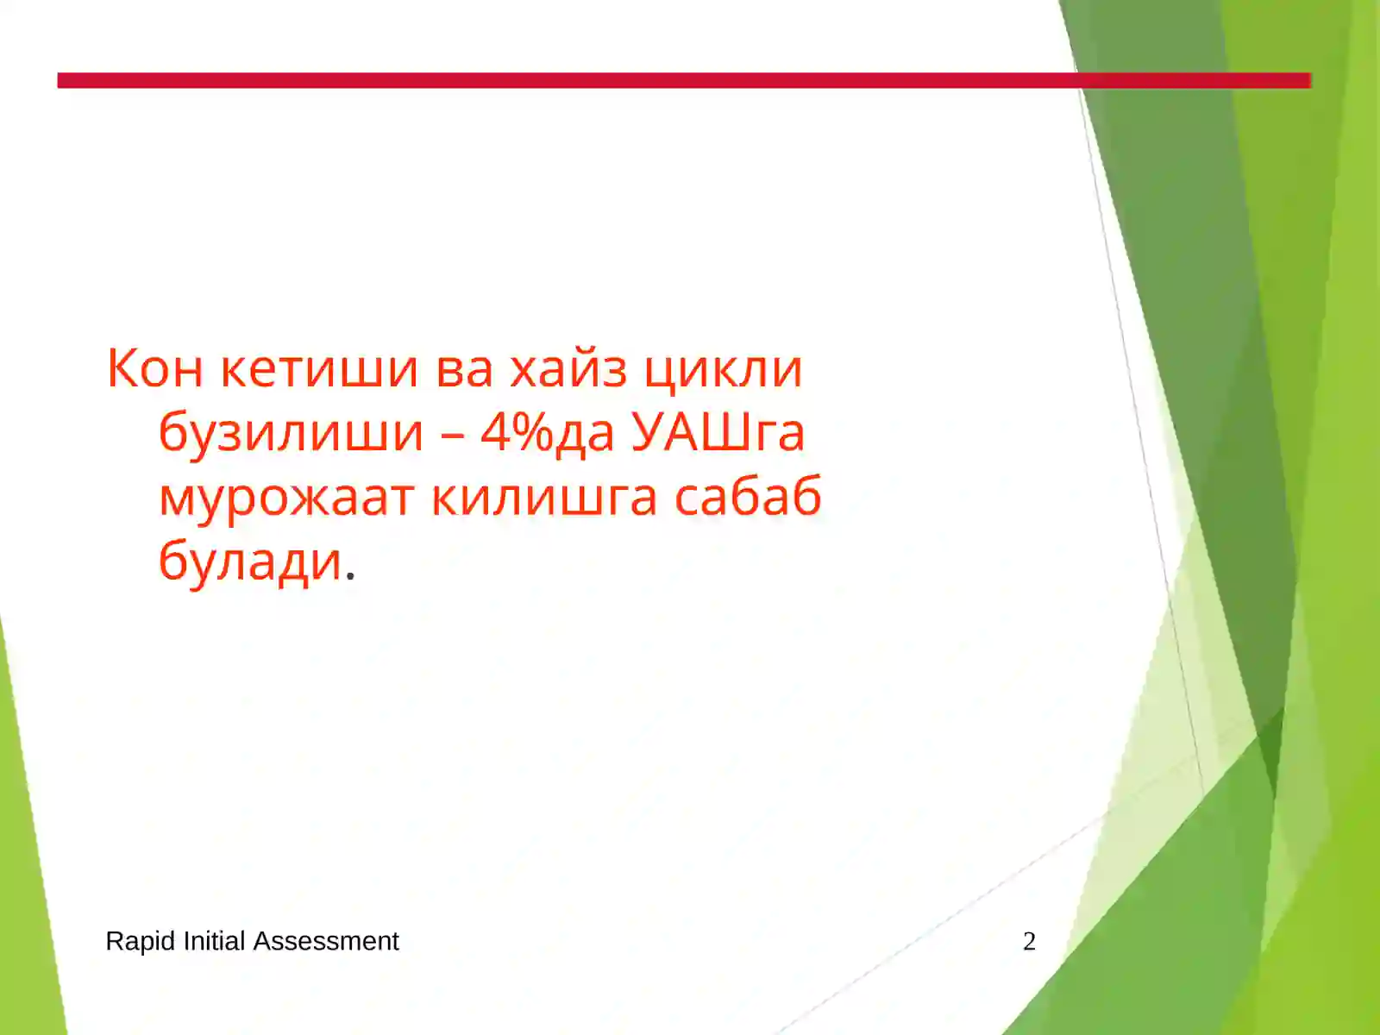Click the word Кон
click(x=155, y=368)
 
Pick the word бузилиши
click(x=291, y=433)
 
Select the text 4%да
click(x=547, y=433)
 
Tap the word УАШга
click(x=718, y=433)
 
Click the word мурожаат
click(x=285, y=498)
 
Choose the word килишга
click(x=543, y=498)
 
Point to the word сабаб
click(x=747, y=498)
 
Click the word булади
click(x=250, y=562)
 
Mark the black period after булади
click(x=349, y=578)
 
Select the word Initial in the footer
click(x=215, y=941)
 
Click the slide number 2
click(x=1029, y=941)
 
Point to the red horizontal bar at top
click(x=604, y=80)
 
